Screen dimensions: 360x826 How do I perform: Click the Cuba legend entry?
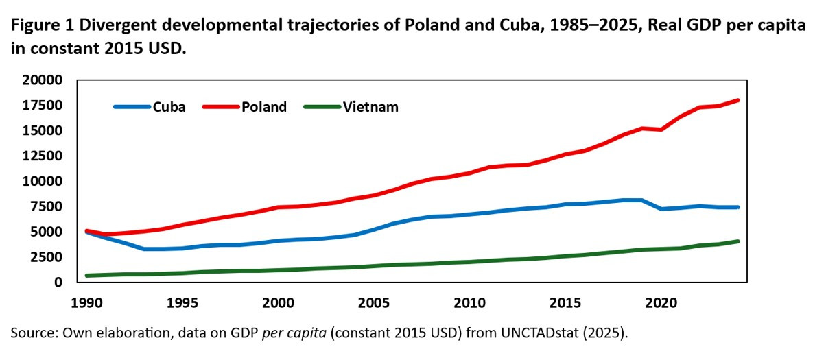click(168, 107)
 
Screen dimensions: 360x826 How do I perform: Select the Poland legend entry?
click(263, 107)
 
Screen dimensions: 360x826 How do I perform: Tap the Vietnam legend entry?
click(370, 107)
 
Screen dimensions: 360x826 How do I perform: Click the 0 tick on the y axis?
click(58, 283)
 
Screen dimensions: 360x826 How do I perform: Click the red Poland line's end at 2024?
click(737, 100)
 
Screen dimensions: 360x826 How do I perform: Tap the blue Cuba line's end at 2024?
click(737, 207)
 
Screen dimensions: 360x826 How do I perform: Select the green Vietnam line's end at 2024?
click(737, 241)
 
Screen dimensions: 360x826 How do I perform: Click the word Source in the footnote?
click(30, 333)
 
